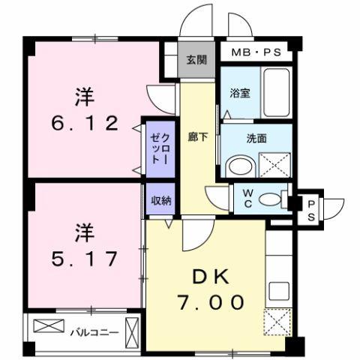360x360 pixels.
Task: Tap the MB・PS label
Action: pyautogui.click(x=256, y=52)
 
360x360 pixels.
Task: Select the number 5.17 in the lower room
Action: pyautogui.click(x=84, y=259)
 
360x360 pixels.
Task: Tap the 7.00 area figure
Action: pyautogui.click(x=210, y=302)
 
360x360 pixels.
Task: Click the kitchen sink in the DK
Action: pyautogui.click(x=278, y=290)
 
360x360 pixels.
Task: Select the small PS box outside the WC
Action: pyautogui.click(x=311, y=208)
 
